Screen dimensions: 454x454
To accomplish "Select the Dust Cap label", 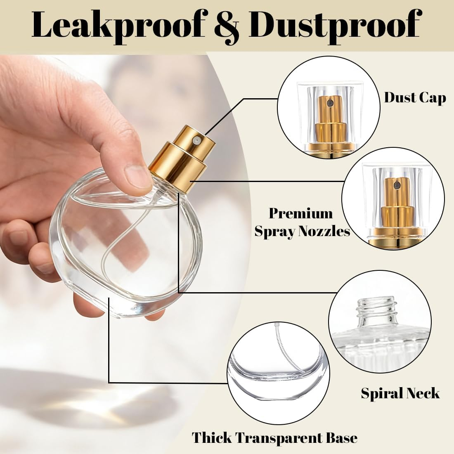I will coord(415,98).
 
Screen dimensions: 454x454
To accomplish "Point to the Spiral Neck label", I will coord(400,393).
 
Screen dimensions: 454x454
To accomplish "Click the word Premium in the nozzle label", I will coord(301,213).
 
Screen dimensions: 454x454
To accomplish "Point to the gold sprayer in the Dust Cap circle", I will coord(329,120).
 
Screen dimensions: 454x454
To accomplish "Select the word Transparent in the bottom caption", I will coord(275,437).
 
